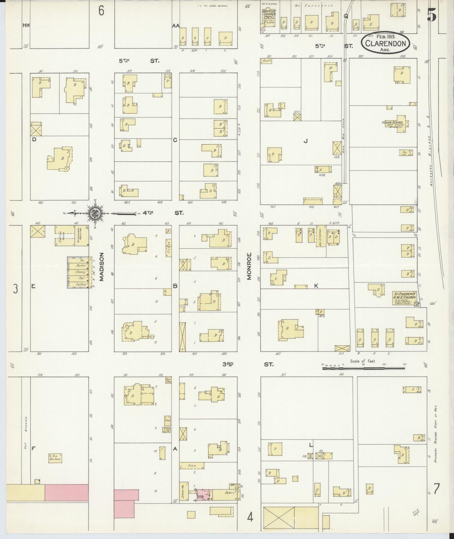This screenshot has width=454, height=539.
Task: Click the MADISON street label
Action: pos(102,267)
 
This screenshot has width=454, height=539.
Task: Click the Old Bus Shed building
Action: pos(55,459)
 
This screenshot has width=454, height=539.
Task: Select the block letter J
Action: pos(305,141)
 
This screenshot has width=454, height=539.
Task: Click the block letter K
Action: pos(316,286)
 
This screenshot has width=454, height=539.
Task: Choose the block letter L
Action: pos(311,453)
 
